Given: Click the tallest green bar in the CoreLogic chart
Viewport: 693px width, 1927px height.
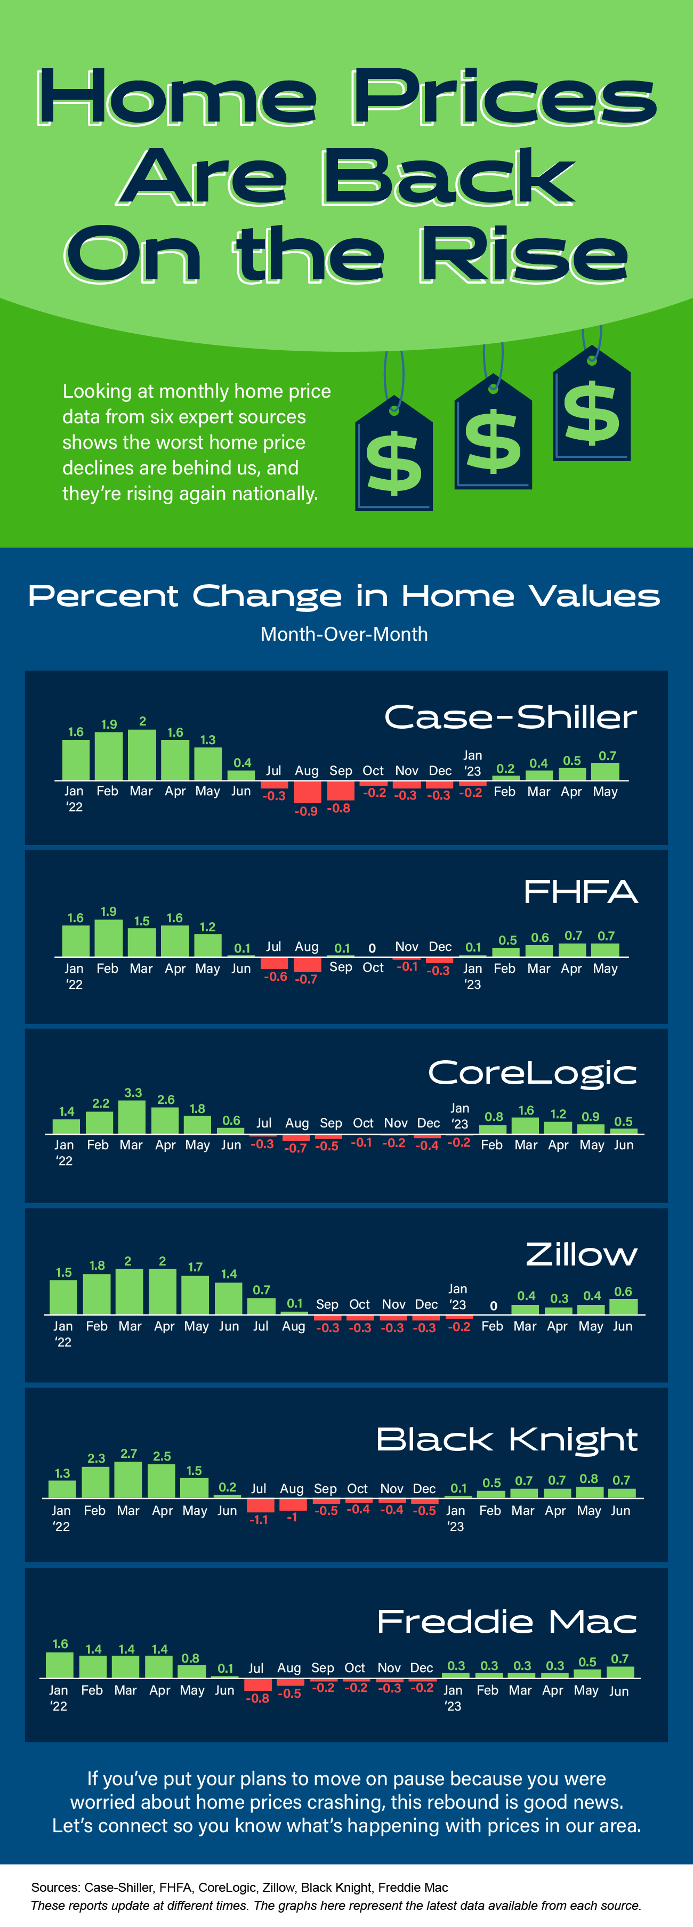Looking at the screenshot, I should [x=132, y=1117].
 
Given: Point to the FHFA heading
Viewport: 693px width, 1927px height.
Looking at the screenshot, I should [x=580, y=892].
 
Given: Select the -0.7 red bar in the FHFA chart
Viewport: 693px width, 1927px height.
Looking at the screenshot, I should [x=307, y=964].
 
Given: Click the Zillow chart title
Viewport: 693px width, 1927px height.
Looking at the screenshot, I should [x=582, y=1254].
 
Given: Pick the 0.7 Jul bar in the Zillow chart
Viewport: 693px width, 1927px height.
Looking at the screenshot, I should [x=261, y=1306].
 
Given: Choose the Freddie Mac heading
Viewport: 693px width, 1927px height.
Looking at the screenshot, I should [x=506, y=1622].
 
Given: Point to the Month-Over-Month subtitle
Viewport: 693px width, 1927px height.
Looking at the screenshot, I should [x=344, y=634].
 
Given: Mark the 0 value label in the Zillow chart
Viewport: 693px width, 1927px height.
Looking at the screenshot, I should [x=493, y=1306].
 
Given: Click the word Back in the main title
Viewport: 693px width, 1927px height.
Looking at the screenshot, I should [x=448, y=178].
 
